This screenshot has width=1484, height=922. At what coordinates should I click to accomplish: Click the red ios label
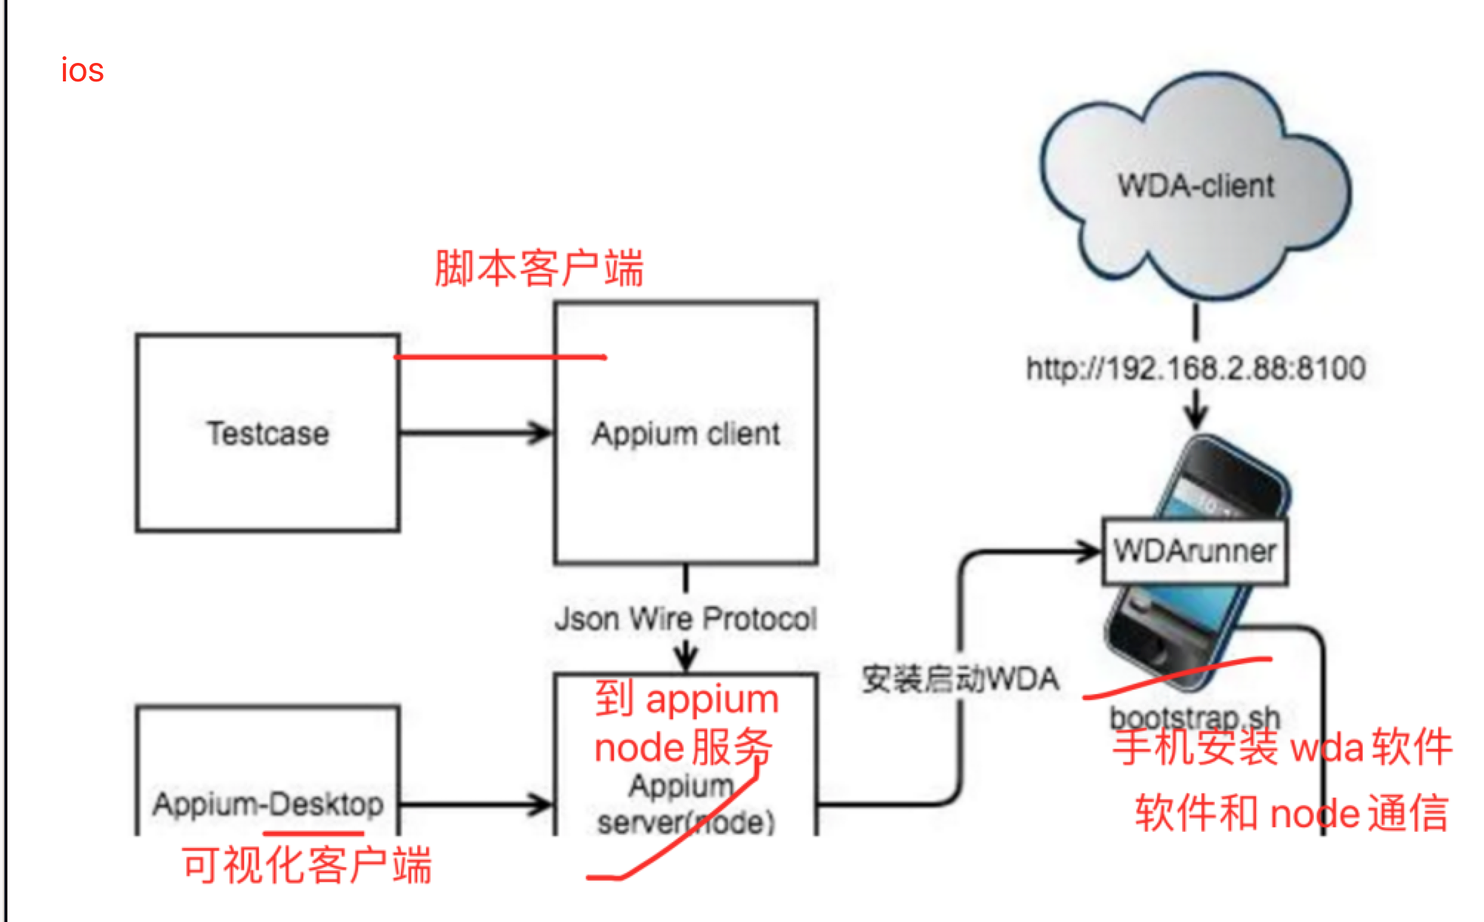coord(82,71)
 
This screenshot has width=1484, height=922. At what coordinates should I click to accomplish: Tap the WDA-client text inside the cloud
coord(1195,186)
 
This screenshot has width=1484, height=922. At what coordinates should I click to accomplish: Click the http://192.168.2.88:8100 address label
coord(1195,368)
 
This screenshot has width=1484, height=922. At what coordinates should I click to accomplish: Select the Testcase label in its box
coord(268,434)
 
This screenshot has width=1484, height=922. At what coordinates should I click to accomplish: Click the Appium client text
coord(686,434)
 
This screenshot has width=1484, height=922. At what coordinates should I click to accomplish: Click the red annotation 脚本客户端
coord(539,268)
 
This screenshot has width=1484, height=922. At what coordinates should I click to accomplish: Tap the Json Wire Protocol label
coord(686,619)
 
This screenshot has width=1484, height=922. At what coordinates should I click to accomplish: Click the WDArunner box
coord(1195,551)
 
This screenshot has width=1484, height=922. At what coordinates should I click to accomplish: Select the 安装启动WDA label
coord(960,679)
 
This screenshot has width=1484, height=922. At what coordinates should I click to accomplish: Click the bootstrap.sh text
coord(1195,717)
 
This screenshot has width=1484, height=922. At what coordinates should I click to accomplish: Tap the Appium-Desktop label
coord(268,804)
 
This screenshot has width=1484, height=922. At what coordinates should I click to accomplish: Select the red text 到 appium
coord(687,699)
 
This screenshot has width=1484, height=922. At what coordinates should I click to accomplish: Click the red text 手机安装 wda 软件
coord(1282,747)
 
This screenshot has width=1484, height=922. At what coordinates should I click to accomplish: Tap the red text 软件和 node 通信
coord(1291,812)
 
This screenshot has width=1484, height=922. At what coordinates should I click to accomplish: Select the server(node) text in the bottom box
coord(686,822)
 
